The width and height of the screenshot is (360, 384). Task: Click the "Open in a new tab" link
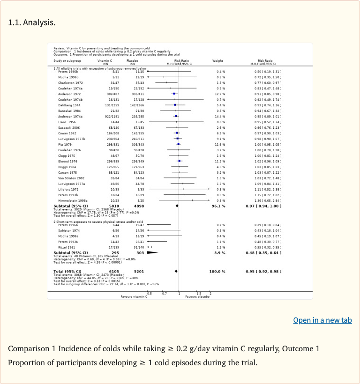pyautogui.click(x=322, y=320)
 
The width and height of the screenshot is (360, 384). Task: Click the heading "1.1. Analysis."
pyautogui.click(x=32, y=22)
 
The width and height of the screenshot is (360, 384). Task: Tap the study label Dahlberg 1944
pyautogui.click(x=67, y=105)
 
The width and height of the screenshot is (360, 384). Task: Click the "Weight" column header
pyautogui.click(x=217, y=61)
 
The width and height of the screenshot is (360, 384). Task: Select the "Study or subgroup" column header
pyautogui.click(x=67, y=61)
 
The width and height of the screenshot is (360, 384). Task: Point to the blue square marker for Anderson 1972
pyautogui.click(x=174, y=94)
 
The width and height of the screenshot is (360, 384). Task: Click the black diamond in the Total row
pyautogui.click(x=176, y=272)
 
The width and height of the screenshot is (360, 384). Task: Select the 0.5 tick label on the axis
pyautogui.click(x=150, y=293)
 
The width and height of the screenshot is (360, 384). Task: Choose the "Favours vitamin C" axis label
pyautogui.click(x=134, y=297)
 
